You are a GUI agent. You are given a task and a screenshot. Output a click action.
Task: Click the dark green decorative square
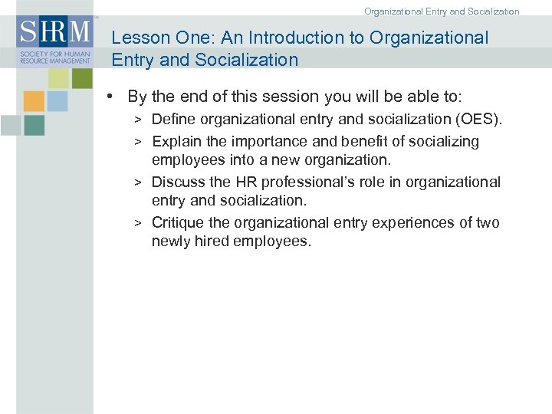tap(81, 78)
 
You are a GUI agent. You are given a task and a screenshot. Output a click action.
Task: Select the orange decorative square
tap(34, 101)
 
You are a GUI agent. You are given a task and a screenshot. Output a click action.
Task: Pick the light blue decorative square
tap(58, 101)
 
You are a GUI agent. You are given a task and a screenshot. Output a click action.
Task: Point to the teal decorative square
tap(34, 125)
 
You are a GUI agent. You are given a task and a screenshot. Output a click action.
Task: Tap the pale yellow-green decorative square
tap(59, 78)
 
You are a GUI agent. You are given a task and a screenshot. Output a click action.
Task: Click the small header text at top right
tap(442, 11)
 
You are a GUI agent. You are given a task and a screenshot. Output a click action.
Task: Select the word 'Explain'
tap(176, 141)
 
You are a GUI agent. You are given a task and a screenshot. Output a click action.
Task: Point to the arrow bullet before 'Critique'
tap(138, 223)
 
